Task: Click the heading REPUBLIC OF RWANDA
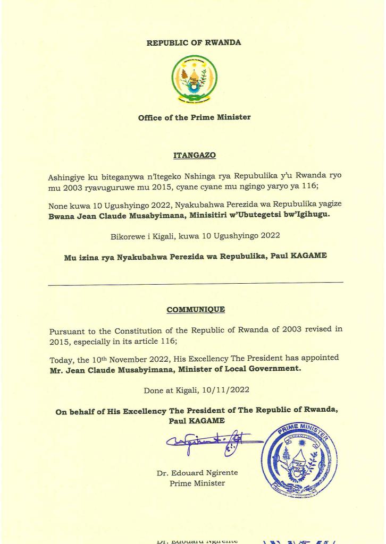tap(194, 42)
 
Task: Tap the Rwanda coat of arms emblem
tap(194, 79)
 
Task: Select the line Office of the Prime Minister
tap(194, 117)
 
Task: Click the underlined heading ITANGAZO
tap(194, 156)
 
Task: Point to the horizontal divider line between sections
tap(195, 283)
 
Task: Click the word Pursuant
tap(66, 330)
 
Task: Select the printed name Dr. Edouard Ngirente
tap(197, 473)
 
